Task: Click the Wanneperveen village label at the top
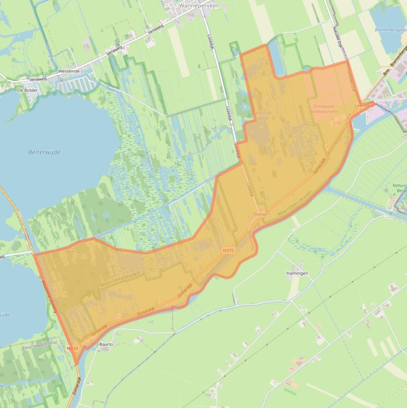200,5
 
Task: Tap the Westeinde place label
69,70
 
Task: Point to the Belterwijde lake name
44,152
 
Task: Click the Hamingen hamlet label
297,273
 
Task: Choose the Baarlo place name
106,344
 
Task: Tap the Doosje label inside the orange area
260,214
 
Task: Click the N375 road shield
228,250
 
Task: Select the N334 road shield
73,348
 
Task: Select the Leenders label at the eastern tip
364,106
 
